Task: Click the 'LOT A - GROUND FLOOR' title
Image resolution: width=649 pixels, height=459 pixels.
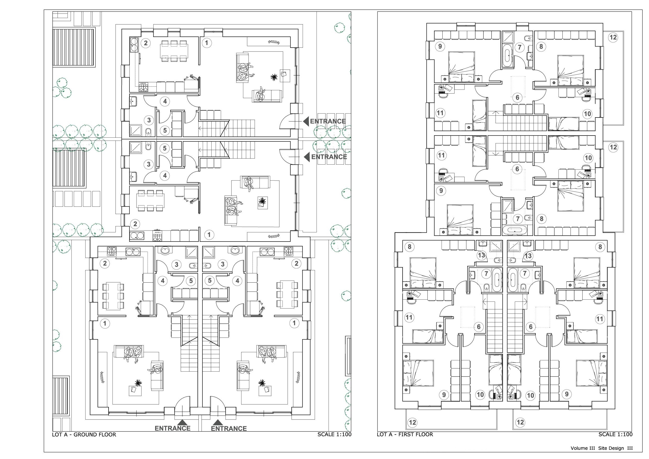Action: pos(84,434)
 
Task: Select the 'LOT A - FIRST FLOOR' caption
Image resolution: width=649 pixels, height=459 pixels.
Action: pos(405,434)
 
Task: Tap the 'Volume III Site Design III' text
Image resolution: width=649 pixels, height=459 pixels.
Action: pos(601,448)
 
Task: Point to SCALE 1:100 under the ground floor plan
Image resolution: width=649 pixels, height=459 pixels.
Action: pos(334,434)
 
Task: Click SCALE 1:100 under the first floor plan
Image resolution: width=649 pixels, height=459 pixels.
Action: pos(615,434)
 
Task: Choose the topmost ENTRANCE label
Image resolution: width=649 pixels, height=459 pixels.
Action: pos(328,121)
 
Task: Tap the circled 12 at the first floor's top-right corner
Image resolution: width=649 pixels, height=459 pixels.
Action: pos(613,37)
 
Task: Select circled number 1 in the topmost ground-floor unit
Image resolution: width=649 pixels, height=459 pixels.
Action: pos(207,43)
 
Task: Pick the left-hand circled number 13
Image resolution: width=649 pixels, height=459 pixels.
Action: pos(481,255)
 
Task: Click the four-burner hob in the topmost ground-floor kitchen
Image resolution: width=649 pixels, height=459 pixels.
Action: pos(143,87)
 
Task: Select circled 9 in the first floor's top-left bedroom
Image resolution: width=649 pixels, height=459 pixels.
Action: pos(440,46)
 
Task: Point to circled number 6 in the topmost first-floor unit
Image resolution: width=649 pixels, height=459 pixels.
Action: pos(517,98)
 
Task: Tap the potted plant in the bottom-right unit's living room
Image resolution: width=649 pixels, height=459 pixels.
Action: pos(262,383)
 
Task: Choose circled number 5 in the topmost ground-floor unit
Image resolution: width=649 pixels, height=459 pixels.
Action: pos(165,131)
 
